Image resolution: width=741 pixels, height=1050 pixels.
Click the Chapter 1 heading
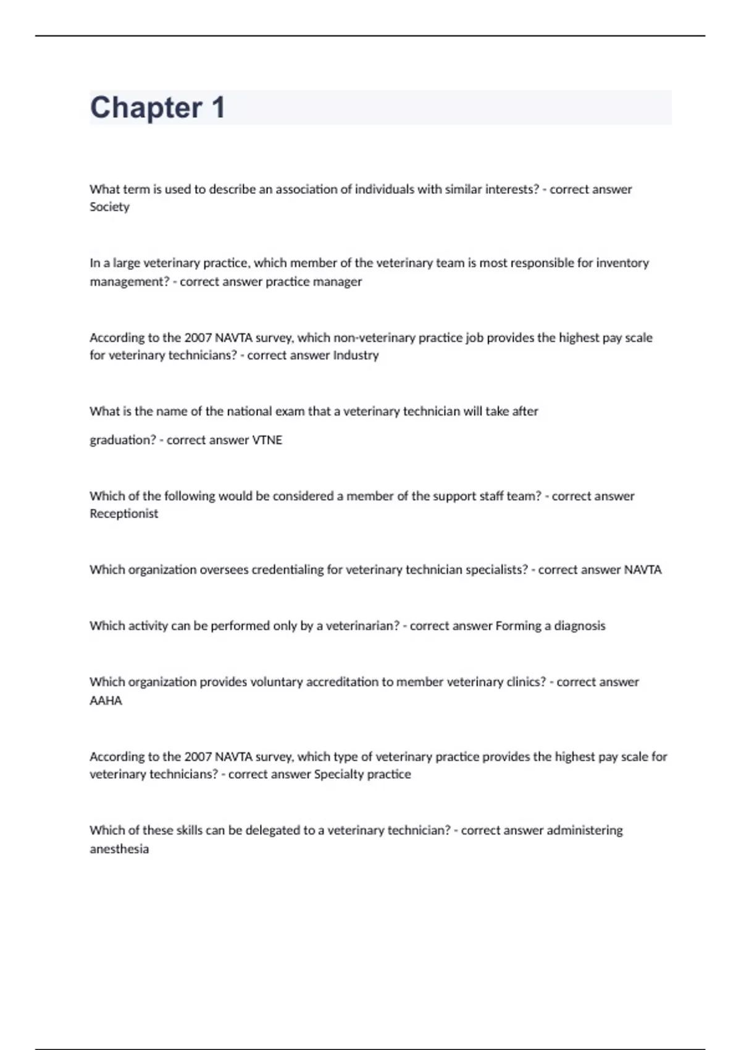click(x=157, y=107)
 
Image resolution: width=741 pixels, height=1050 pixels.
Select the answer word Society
click(x=109, y=207)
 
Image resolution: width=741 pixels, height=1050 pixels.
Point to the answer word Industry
click(x=356, y=355)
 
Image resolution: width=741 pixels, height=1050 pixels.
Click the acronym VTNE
click(x=267, y=440)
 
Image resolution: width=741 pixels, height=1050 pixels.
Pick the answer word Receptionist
click(x=124, y=514)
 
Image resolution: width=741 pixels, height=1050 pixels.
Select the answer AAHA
click(x=106, y=700)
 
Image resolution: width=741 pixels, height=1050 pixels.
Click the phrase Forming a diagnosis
click(x=550, y=626)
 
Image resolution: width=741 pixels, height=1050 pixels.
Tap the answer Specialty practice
click(x=362, y=775)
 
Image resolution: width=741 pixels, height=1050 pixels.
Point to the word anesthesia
click(x=119, y=849)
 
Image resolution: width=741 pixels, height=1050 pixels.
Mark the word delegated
click(x=272, y=830)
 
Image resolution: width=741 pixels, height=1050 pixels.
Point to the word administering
click(x=585, y=830)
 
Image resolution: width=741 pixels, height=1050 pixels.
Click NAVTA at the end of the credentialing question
click(x=643, y=569)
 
